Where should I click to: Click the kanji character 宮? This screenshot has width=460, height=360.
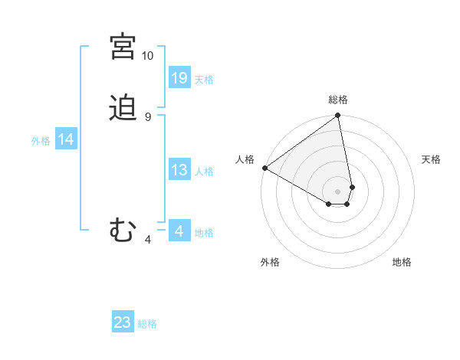123,47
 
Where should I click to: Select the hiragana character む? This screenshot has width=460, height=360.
123,229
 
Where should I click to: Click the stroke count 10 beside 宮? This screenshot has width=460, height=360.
147,56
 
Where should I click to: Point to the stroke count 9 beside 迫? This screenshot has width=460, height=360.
147,117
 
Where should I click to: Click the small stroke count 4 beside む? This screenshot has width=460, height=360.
147,240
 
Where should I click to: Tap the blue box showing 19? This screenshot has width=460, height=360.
179,77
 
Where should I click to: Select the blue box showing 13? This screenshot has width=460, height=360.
179,170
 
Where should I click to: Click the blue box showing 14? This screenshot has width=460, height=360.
66,139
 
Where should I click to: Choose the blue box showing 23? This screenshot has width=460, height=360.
123,322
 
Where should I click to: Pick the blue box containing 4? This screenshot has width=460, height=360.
179,231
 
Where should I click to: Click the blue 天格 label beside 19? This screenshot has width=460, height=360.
204,80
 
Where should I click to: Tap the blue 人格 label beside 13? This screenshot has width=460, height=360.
204,172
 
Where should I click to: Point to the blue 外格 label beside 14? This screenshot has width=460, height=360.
41,141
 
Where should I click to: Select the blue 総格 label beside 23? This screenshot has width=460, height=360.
147,324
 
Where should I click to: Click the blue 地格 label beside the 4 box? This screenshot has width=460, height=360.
204,233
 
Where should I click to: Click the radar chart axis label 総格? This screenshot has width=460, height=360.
338,100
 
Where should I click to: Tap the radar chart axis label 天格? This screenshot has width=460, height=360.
431,159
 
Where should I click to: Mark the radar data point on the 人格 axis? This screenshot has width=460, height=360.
264,168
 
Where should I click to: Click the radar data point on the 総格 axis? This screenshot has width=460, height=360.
338,116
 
